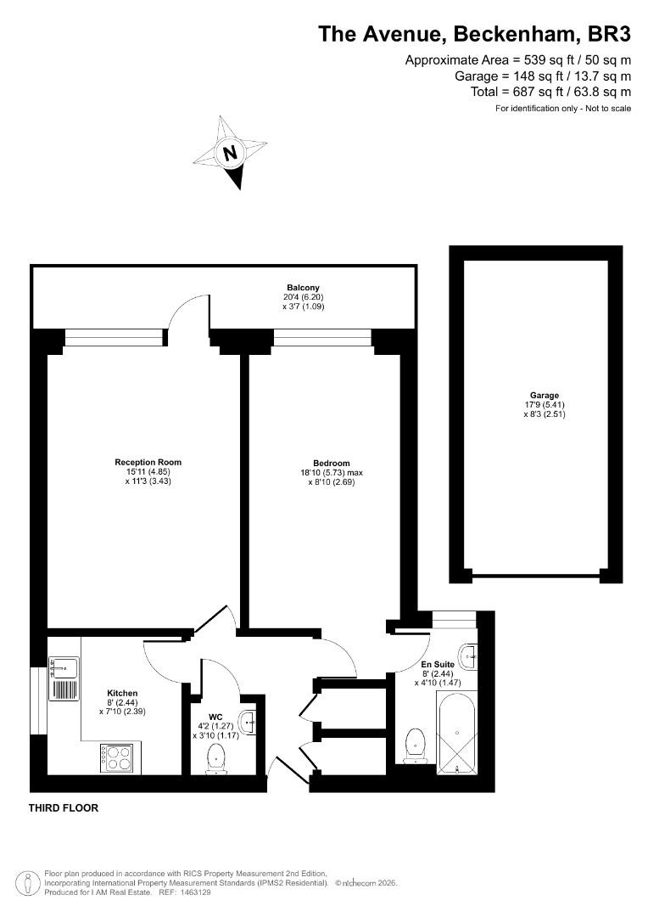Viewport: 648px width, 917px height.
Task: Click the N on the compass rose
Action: [x=231, y=153]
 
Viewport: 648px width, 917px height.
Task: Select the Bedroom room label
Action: [x=332, y=464]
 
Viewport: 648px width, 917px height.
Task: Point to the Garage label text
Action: [x=545, y=396]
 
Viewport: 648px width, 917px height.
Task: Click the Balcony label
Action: [x=304, y=287]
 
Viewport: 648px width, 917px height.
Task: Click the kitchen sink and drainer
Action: [x=64, y=678]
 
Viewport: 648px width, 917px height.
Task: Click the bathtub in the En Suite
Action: [x=456, y=734]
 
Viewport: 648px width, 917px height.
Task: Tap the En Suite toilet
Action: [x=415, y=745]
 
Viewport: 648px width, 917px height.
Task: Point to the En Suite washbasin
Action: [x=468, y=656]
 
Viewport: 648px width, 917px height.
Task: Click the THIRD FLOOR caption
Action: [x=64, y=807]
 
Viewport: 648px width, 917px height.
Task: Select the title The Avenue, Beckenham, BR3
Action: [x=474, y=35]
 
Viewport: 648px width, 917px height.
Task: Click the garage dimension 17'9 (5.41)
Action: [x=545, y=405]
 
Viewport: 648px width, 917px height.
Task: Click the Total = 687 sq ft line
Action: [x=551, y=92]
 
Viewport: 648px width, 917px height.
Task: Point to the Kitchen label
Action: [x=122, y=693]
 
